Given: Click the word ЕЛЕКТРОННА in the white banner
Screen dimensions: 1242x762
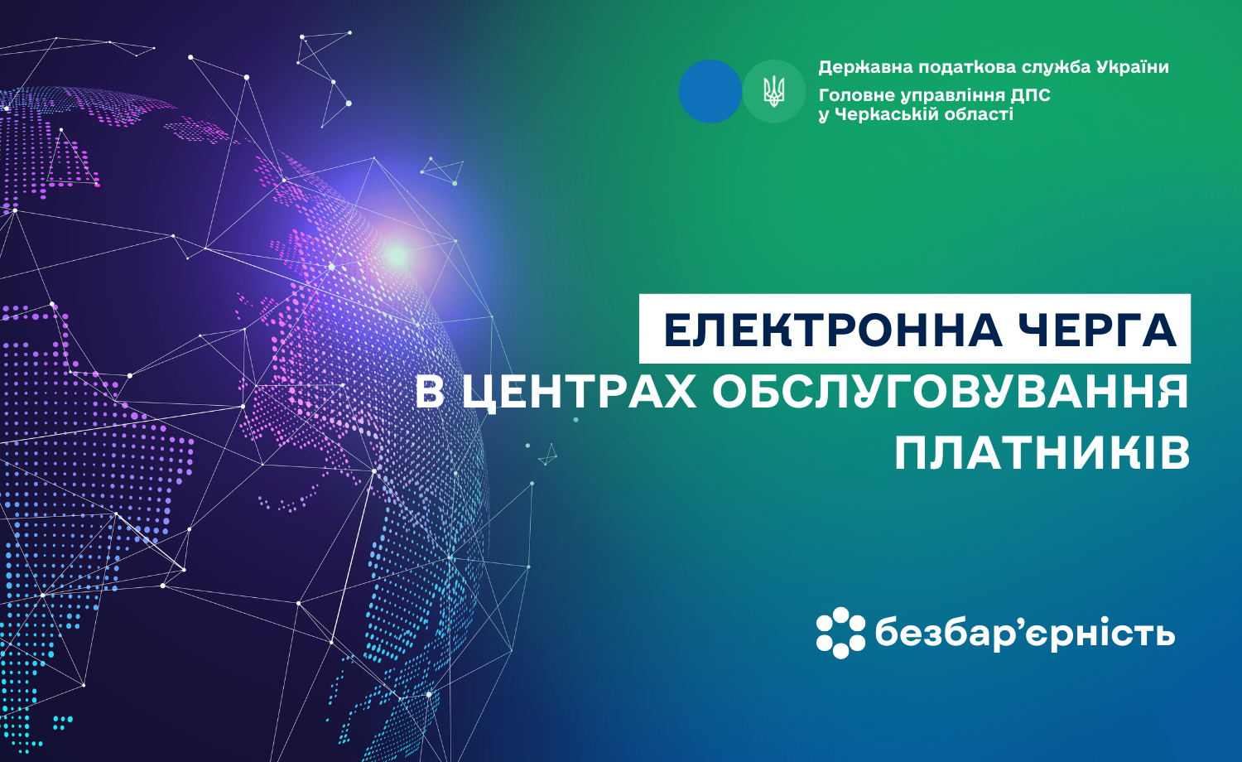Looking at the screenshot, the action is tap(832, 330).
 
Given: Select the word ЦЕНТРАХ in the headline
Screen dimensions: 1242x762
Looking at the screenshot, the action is tap(579, 392).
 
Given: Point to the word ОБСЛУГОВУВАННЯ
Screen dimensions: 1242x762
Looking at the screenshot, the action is tap(951, 391).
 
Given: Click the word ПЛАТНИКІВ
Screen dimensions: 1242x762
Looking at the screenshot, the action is tap(1042, 452).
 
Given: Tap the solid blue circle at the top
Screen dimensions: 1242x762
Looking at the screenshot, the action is tap(710, 91).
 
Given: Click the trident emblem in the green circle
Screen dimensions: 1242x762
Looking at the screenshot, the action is tap(773, 91).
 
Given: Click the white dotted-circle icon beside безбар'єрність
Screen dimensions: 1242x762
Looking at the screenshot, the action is tap(840, 633).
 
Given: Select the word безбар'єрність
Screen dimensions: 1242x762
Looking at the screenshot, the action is tap(1025, 634).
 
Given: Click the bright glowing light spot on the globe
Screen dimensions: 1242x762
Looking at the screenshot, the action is tap(397, 256).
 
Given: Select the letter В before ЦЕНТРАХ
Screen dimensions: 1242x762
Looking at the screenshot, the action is tap(430, 392).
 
